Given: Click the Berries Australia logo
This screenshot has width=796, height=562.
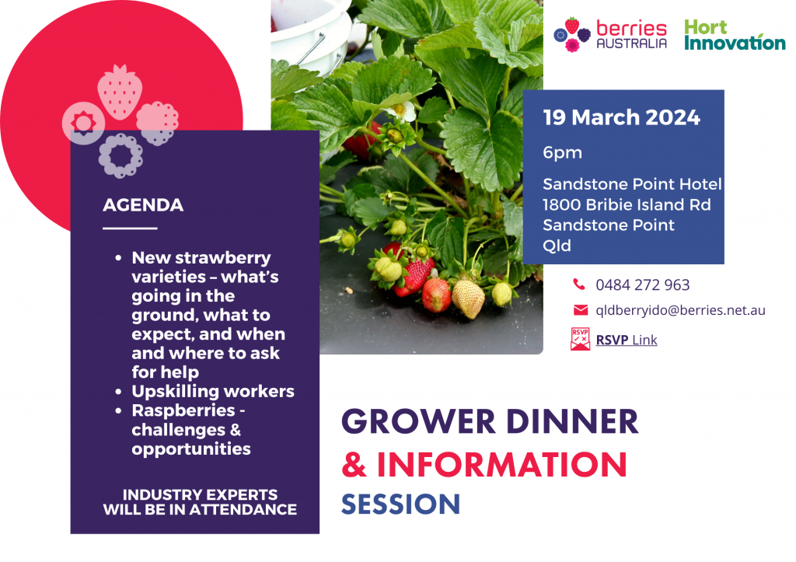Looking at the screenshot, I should coord(610,35).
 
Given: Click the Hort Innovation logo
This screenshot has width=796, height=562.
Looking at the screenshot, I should coord(734,35).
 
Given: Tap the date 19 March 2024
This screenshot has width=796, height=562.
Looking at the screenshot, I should coord(621,118).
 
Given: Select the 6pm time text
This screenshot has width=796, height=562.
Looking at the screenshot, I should coord(562,152).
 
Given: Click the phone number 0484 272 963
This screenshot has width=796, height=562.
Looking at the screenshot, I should coord(643,284).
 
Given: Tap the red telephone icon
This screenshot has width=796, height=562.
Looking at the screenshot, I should coord(579,284).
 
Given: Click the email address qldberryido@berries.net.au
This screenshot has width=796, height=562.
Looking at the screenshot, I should coord(680,310).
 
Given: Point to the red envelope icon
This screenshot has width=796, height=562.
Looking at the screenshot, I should coord(580,310).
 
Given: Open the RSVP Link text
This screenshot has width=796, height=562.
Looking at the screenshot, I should coord(627,340).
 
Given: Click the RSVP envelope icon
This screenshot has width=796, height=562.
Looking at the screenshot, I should coord(580,340).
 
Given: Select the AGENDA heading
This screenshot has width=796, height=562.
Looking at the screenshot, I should coord(143,206).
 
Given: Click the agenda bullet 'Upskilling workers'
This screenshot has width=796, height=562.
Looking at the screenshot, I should coord(213,391).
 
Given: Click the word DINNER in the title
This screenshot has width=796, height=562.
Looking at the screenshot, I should coord(571,422).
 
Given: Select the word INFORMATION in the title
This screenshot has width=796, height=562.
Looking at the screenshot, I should coord(501,464).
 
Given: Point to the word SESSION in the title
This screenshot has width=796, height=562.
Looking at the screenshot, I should coord(401,504).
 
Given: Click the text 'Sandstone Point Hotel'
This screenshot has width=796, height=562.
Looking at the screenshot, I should coord(632,184).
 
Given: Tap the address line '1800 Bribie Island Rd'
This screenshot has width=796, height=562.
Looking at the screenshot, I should coord(627,204).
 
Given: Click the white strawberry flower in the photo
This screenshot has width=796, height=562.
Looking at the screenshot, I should coord(402,111).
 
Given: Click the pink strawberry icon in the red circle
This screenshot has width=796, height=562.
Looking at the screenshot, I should coord(120,91).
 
